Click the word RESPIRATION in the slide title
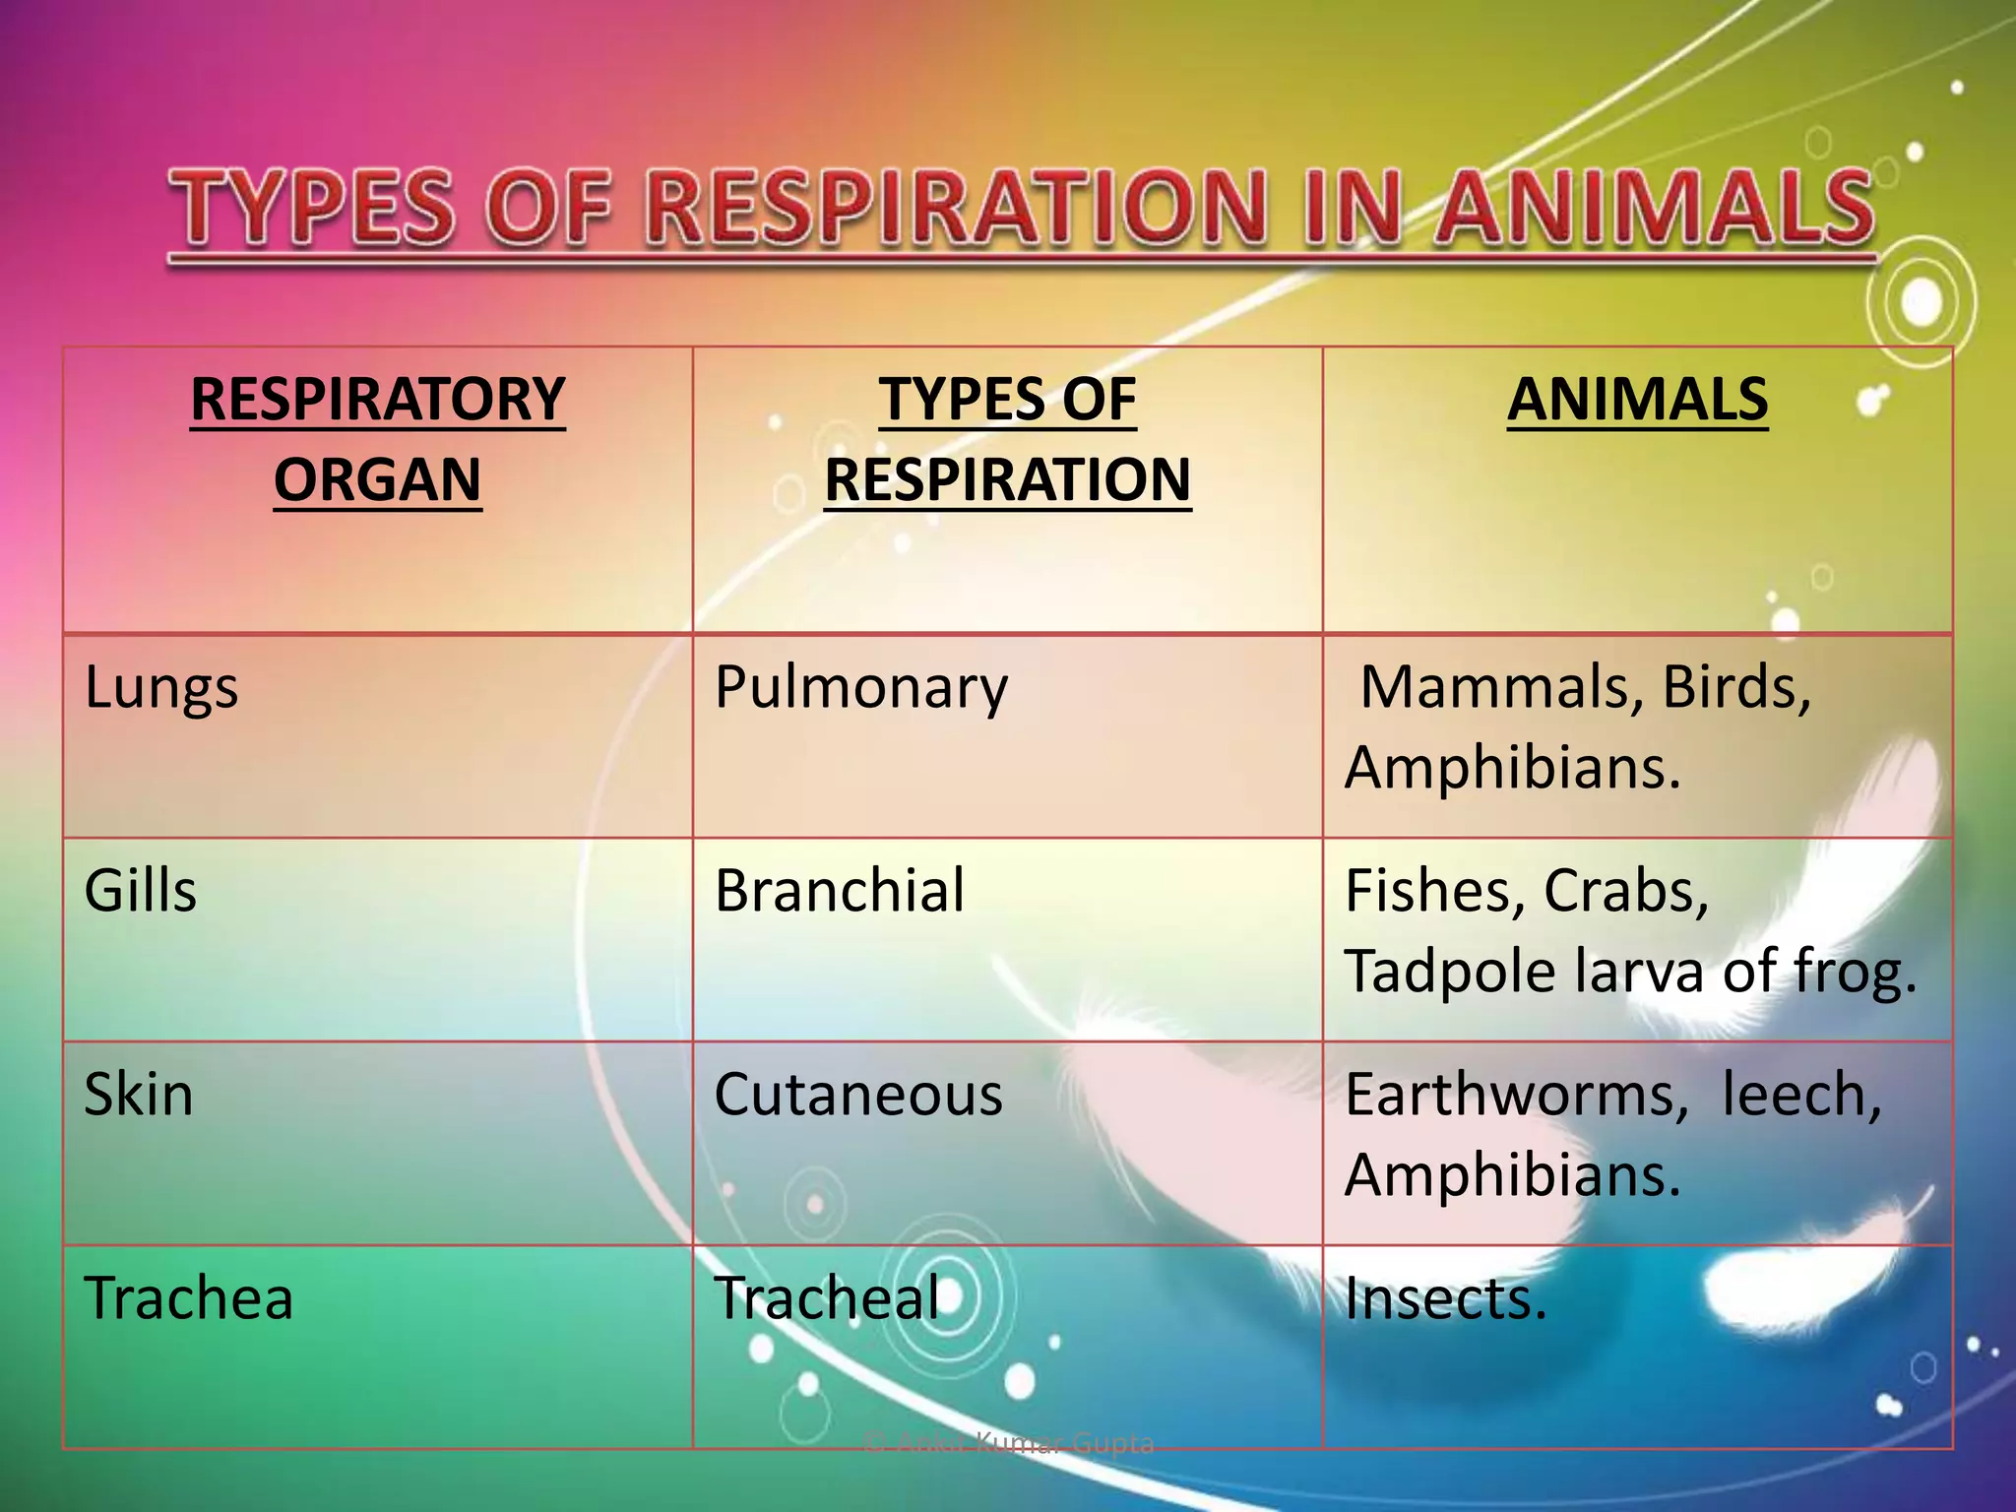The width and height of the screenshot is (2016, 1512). pos(953,209)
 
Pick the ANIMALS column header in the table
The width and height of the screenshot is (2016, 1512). pos(1637,400)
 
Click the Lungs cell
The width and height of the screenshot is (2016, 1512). pos(161,688)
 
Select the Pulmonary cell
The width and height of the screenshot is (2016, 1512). pos(861,688)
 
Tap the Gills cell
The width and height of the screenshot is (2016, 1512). pos(141,891)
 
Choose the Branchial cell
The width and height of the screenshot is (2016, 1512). pos(840,891)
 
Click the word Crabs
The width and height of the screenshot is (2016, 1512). pos(1625,892)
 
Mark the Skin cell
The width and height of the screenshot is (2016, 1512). pos(139,1095)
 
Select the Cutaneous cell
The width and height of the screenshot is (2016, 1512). pos(858,1095)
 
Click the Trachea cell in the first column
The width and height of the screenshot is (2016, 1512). pos(189,1298)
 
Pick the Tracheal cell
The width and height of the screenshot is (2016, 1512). pos(828,1298)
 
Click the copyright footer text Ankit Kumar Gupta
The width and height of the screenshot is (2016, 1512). pos(1008,1444)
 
